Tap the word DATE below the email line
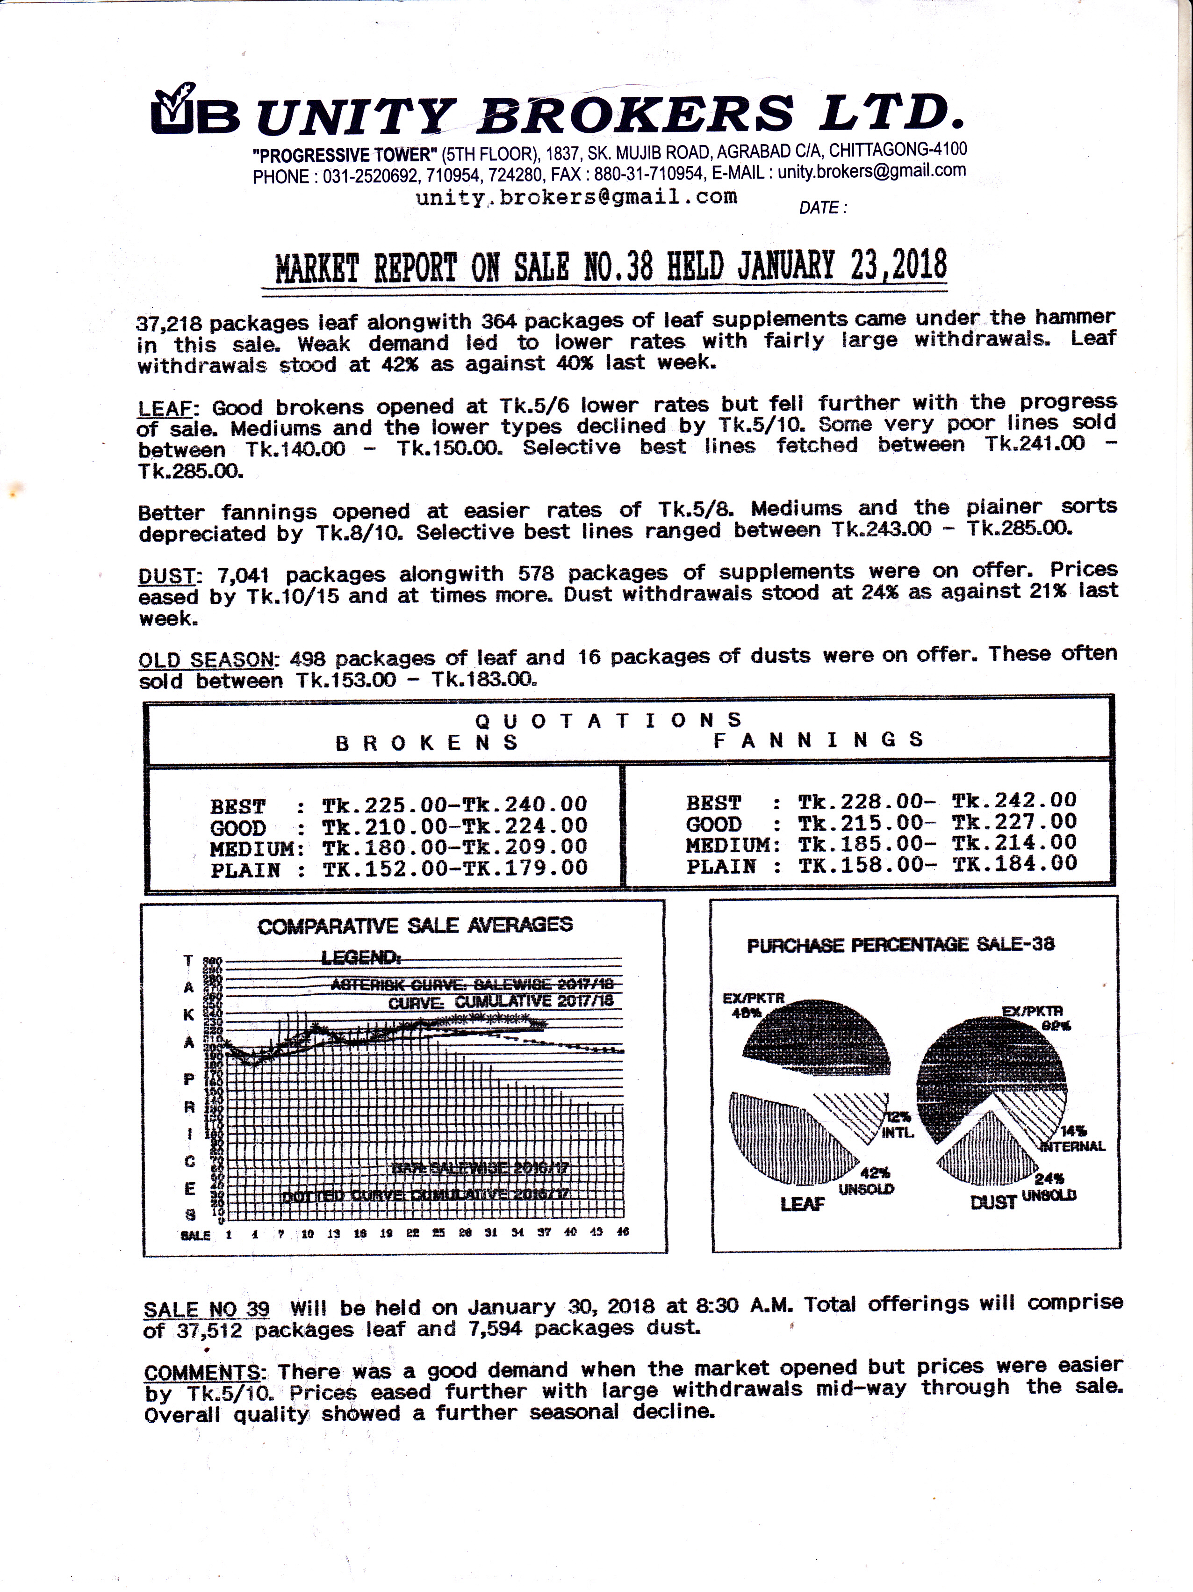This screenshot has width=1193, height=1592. (x=819, y=208)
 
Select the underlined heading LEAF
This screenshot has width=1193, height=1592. (x=165, y=409)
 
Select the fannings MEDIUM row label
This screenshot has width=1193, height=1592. (x=732, y=844)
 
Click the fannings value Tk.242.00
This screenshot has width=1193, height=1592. (x=1014, y=800)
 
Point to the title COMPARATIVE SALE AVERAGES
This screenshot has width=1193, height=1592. (x=415, y=926)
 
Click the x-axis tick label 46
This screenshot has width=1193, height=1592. (x=623, y=1231)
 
